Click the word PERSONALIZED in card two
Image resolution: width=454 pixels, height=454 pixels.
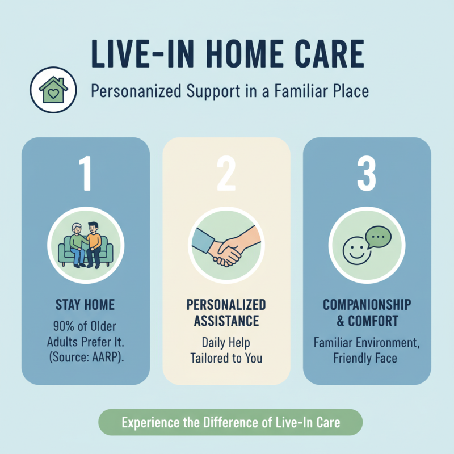click(x=226, y=305)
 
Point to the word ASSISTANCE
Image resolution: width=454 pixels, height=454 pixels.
click(x=226, y=321)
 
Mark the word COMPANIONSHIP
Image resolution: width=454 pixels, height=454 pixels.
click(x=367, y=305)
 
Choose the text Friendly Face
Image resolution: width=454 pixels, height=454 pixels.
click(x=367, y=358)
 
